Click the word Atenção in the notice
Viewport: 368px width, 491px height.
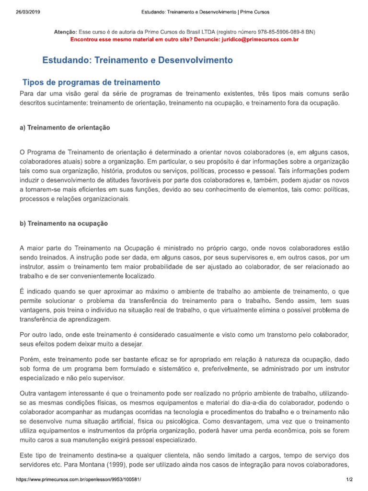coord(66,32)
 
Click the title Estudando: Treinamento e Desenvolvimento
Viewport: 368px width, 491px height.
coord(138,60)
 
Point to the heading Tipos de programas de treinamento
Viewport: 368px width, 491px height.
coord(92,82)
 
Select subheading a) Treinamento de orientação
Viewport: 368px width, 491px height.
coord(65,128)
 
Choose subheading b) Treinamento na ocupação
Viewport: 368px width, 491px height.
coord(64,223)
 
